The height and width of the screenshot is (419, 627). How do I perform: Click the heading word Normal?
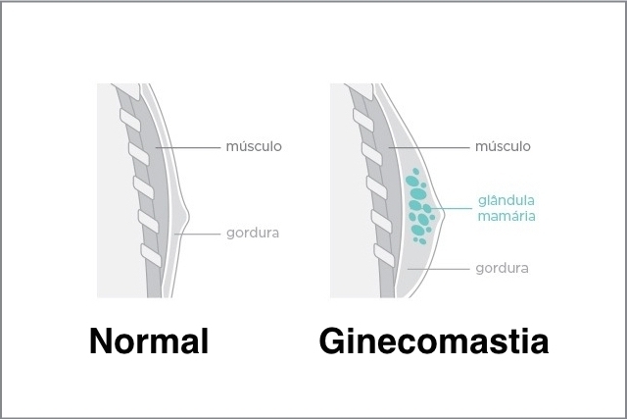tap(149, 340)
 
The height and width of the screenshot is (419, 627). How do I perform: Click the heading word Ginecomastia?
tap(434, 340)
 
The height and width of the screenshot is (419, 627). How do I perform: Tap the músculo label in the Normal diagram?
tap(254, 146)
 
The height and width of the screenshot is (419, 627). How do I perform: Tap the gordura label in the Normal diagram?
tap(253, 234)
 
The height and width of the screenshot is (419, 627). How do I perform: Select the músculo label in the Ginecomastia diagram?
tap(503, 146)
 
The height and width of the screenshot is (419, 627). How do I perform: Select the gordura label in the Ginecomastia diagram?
tap(502, 269)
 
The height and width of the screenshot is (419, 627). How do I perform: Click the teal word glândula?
tap(506, 200)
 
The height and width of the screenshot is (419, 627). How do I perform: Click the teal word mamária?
tap(506, 216)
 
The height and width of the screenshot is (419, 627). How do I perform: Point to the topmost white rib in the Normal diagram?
tap(130, 120)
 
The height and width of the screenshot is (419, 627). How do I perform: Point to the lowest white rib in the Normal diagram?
tap(151, 255)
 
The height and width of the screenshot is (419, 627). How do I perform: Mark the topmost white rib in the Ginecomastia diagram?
tap(363, 120)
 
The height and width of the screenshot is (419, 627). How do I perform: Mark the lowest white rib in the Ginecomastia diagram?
tap(384, 255)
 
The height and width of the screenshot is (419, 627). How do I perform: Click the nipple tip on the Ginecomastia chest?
tap(443, 215)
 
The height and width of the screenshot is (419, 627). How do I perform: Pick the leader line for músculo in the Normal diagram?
tap(188, 147)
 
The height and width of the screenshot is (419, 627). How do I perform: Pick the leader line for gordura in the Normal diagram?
tap(198, 234)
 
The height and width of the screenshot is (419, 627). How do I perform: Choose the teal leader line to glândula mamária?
tap(452, 208)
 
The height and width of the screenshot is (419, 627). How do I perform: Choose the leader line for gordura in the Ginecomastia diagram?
tap(439, 269)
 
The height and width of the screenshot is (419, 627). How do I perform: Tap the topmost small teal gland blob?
tap(415, 172)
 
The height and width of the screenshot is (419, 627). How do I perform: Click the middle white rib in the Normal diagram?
tap(144, 187)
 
